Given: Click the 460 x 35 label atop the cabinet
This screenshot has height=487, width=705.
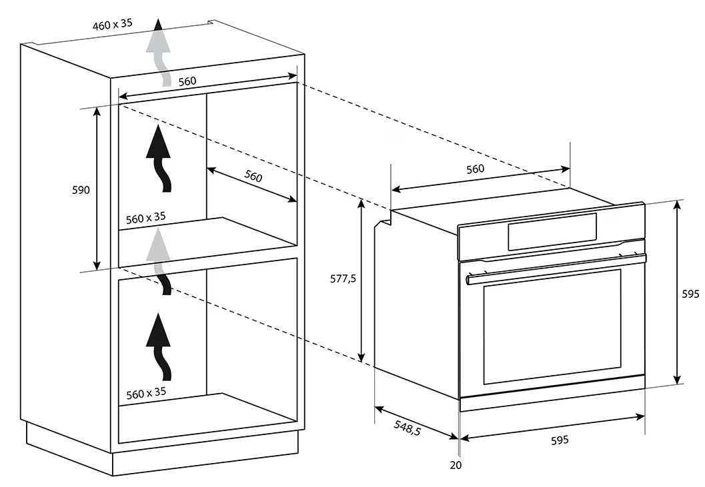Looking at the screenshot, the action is (113, 24).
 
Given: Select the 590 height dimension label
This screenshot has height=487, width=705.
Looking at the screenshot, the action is (81, 190).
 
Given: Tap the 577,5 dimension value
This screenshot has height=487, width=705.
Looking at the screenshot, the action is (343, 279).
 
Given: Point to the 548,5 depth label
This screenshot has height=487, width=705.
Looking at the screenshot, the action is (408, 428).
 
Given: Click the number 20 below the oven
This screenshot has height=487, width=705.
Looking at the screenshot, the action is (456, 465).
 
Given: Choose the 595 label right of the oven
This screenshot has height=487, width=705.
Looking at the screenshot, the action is (690, 294).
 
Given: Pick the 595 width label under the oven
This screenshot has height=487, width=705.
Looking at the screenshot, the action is (560, 440).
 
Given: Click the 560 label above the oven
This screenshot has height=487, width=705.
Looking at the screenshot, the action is (476, 169).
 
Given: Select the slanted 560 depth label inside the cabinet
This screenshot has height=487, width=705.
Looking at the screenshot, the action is (253, 176).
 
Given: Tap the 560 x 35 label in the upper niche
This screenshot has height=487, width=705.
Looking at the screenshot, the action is (145, 218).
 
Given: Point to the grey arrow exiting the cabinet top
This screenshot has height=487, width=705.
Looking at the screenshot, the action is (159, 53).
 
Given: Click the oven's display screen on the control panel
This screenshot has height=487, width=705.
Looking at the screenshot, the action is (552, 231).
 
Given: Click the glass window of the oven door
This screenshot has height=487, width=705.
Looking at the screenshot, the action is (552, 326).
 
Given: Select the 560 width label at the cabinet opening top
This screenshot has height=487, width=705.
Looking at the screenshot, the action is (187, 81).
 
